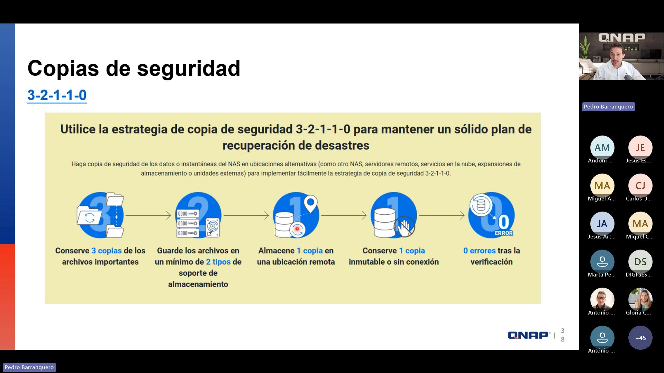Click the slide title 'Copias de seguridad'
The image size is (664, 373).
[134, 68]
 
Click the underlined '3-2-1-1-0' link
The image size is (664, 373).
[57, 95]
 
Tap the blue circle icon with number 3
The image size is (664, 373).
[100, 215]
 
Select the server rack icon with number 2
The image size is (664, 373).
[198, 215]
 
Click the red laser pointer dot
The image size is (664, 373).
[297, 229]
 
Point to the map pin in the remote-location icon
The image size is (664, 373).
[310, 204]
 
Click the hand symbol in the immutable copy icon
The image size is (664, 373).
[404, 226]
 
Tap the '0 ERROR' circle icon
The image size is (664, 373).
[491, 215]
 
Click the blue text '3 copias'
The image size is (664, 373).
[106, 251]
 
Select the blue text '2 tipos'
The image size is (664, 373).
[218, 262]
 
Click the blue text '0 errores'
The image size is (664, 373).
[480, 251]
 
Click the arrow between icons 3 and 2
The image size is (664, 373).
[148, 215]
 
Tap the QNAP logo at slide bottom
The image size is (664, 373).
[528, 335]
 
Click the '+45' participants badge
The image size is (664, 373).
[640, 338]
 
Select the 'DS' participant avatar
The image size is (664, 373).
[640, 262]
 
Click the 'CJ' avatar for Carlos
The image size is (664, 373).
[640, 186]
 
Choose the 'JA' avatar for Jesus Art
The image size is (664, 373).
[602, 224]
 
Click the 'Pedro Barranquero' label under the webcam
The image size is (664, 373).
[608, 107]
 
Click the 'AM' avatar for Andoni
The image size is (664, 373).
[602, 148]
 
